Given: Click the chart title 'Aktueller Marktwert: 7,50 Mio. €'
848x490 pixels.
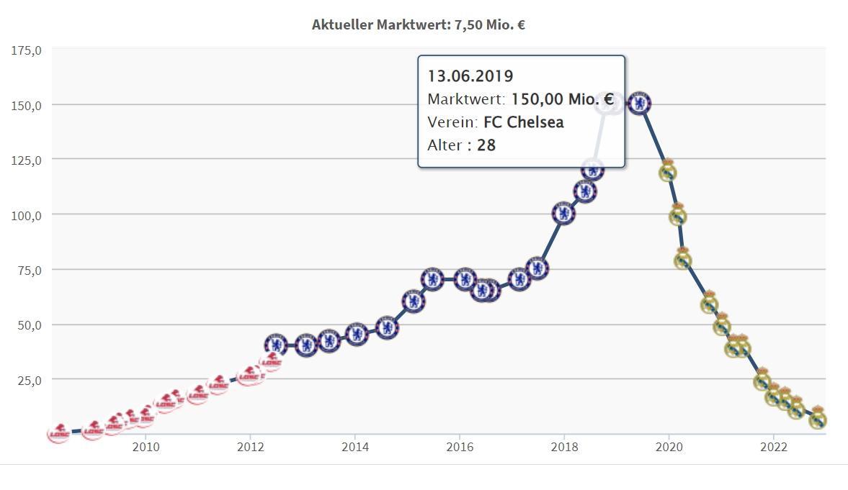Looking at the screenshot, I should [418, 24].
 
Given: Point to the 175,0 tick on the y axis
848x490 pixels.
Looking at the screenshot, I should [27, 50].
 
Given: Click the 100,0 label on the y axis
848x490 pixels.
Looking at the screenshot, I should [27, 215].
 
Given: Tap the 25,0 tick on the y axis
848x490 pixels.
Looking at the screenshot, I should [29, 380].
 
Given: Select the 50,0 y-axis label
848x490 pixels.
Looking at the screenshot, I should [29, 325].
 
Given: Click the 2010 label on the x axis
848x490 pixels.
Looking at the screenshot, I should [146, 447].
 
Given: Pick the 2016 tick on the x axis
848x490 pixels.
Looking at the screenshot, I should [460, 447].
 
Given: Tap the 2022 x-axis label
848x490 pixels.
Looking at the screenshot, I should [774, 447].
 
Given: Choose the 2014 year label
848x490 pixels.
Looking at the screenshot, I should [355, 447].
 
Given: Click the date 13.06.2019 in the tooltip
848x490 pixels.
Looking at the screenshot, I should [470, 76].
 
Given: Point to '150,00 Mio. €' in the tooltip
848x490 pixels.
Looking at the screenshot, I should [562, 99].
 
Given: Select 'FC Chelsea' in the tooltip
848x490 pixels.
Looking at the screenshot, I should [524, 122].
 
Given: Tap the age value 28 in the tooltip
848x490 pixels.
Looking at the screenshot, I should [486, 145].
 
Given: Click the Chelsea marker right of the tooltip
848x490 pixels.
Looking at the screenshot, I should [639, 104].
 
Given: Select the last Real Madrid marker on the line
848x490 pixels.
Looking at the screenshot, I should [817, 419].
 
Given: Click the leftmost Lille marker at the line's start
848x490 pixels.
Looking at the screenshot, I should [59, 432].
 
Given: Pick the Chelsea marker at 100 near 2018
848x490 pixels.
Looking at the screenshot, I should [563, 213].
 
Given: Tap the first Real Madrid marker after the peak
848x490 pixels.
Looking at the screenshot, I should [668, 172].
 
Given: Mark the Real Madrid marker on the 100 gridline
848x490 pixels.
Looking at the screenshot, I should [677, 215].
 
